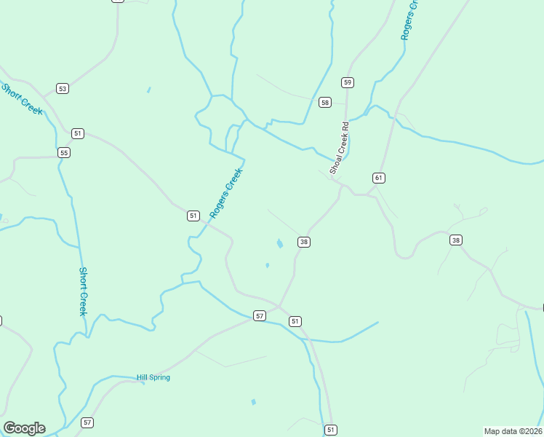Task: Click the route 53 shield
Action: [x=63, y=89]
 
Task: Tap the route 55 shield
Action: [x=64, y=152]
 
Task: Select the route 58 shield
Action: [x=324, y=102]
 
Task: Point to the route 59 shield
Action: [x=348, y=82]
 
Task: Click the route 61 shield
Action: [x=378, y=178]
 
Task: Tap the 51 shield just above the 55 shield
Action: [x=78, y=133]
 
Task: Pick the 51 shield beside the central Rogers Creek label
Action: [x=193, y=216]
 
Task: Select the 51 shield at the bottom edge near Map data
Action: [x=331, y=430]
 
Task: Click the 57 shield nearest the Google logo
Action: [x=87, y=422]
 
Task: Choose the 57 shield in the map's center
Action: [x=260, y=315]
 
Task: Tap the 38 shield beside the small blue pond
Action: [x=304, y=242]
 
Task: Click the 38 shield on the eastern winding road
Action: [x=456, y=240]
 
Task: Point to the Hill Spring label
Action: [x=153, y=377]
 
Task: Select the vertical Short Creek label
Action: [x=84, y=291]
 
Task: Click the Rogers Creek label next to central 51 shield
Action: [x=225, y=193]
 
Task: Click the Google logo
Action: [x=24, y=428]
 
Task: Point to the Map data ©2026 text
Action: [x=513, y=430]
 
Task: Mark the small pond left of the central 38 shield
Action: [x=279, y=243]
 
